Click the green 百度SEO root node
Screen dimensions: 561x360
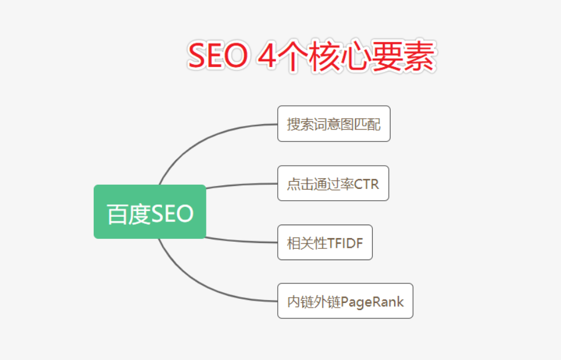[x=150, y=212]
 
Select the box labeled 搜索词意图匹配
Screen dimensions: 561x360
[x=334, y=124]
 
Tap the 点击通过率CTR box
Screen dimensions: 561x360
[x=333, y=183]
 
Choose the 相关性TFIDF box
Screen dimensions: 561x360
[x=325, y=242]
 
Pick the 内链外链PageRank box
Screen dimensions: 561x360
[x=346, y=301]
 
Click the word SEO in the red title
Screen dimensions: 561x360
[x=218, y=55]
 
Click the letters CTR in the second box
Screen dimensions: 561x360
[x=366, y=184]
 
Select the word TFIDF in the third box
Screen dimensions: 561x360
[x=345, y=244]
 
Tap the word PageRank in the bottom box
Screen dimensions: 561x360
[x=372, y=302]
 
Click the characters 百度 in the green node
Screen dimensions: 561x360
[x=128, y=214]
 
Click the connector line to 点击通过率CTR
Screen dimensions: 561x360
[x=242, y=185]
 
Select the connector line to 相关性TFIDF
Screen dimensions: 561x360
[x=242, y=241]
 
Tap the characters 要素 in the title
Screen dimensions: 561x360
[x=402, y=56]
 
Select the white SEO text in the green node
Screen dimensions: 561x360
[x=172, y=214]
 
